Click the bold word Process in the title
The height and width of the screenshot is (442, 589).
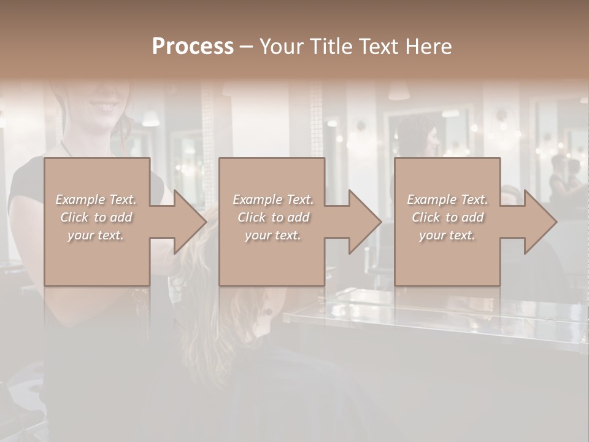click(x=193, y=47)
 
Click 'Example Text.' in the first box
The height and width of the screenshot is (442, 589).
click(x=96, y=200)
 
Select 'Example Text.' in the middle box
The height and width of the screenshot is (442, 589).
click(x=272, y=200)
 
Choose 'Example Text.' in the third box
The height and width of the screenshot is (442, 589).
click(x=447, y=200)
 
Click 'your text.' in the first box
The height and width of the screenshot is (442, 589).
click(x=96, y=235)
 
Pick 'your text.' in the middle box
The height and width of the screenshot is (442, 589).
click(x=272, y=235)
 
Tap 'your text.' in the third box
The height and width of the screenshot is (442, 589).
click(x=447, y=235)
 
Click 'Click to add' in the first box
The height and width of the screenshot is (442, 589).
click(x=96, y=217)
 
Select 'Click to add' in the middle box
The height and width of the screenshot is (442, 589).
click(x=272, y=217)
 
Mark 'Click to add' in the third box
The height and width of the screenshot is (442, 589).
click(x=447, y=217)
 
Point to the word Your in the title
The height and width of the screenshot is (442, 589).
click(x=282, y=47)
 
